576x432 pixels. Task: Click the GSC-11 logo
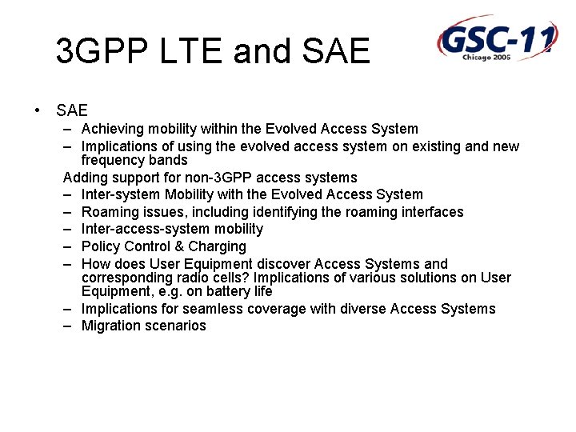pos(496,38)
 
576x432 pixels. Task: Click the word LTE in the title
pos(197,52)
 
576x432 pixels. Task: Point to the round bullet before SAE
pos(38,110)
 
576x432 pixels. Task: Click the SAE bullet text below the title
pos(72,110)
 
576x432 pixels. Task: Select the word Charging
pos(217,246)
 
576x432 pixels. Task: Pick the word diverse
pos(362,309)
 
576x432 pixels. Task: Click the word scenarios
pos(176,326)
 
